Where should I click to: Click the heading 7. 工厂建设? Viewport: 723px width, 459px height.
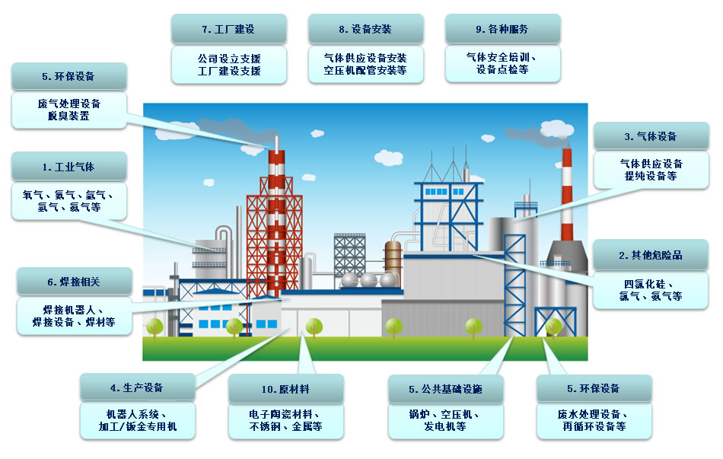coord(229,29)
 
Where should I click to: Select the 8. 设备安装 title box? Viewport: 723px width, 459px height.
coord(365,29)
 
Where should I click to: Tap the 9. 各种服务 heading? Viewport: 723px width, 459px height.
coord(502,29)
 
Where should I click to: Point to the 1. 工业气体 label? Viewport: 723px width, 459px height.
coord(68,167)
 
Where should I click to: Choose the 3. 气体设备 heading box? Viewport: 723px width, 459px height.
coord(651,136)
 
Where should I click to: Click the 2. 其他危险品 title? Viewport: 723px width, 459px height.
coord(650,255)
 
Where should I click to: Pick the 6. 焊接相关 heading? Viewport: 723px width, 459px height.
coord(75,282)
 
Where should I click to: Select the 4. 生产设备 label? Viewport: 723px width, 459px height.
coord(138,387)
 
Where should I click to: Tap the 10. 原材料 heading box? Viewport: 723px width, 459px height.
coord(286,389)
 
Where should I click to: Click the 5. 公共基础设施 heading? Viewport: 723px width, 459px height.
coord(445,389)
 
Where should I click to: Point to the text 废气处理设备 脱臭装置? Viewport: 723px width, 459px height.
coord(68,110)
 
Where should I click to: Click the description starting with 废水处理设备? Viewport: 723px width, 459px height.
coord(594,420)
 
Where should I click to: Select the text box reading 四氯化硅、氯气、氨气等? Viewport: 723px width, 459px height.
coord(650,290)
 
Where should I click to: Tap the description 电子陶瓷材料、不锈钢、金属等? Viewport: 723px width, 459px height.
coord(286,420)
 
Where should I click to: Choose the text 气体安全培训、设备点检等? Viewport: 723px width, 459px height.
coord(502,63)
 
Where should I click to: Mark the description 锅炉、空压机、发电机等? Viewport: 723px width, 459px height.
coord(445,420)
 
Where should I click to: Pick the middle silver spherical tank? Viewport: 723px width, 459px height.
coord(369,279)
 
